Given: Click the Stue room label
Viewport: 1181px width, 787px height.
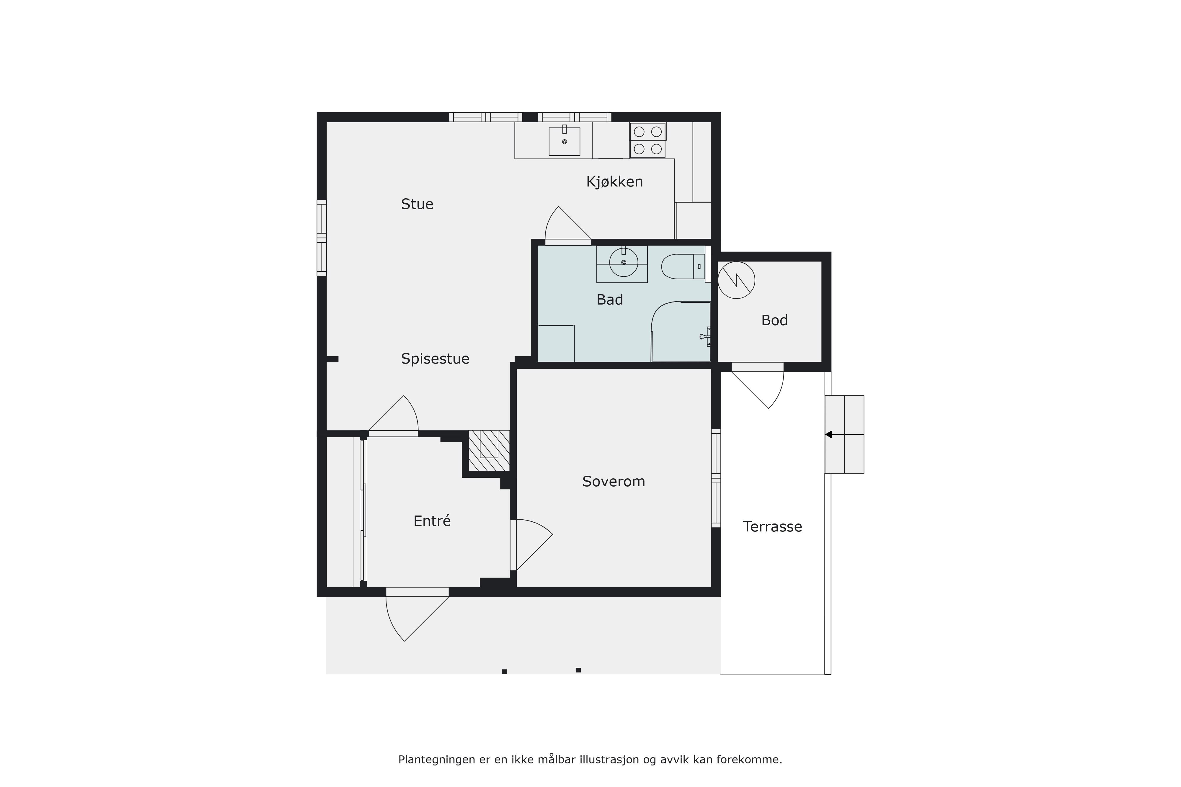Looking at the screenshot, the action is coord(417,204).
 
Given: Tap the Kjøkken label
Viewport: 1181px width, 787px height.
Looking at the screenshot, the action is coord(615,182).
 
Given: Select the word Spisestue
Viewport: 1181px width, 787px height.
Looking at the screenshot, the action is coord(435,359).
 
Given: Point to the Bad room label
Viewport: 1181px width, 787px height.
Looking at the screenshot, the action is coord(610,300).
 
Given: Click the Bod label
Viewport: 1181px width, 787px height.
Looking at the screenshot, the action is coord(774,320).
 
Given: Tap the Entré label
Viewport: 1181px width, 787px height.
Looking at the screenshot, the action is coord(432,521).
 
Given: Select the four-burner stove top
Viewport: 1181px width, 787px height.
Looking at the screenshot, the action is coord(648,140).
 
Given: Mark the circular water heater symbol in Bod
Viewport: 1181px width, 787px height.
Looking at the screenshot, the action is coord(736,280).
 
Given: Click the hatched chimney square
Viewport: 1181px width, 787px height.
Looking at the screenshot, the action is coord(489,451).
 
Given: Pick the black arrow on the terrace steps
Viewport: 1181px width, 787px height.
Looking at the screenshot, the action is coord(828,435).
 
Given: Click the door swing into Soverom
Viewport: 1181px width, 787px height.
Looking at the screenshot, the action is coord(532,545).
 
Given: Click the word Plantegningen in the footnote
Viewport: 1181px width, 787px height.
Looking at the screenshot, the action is coord(437,760).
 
